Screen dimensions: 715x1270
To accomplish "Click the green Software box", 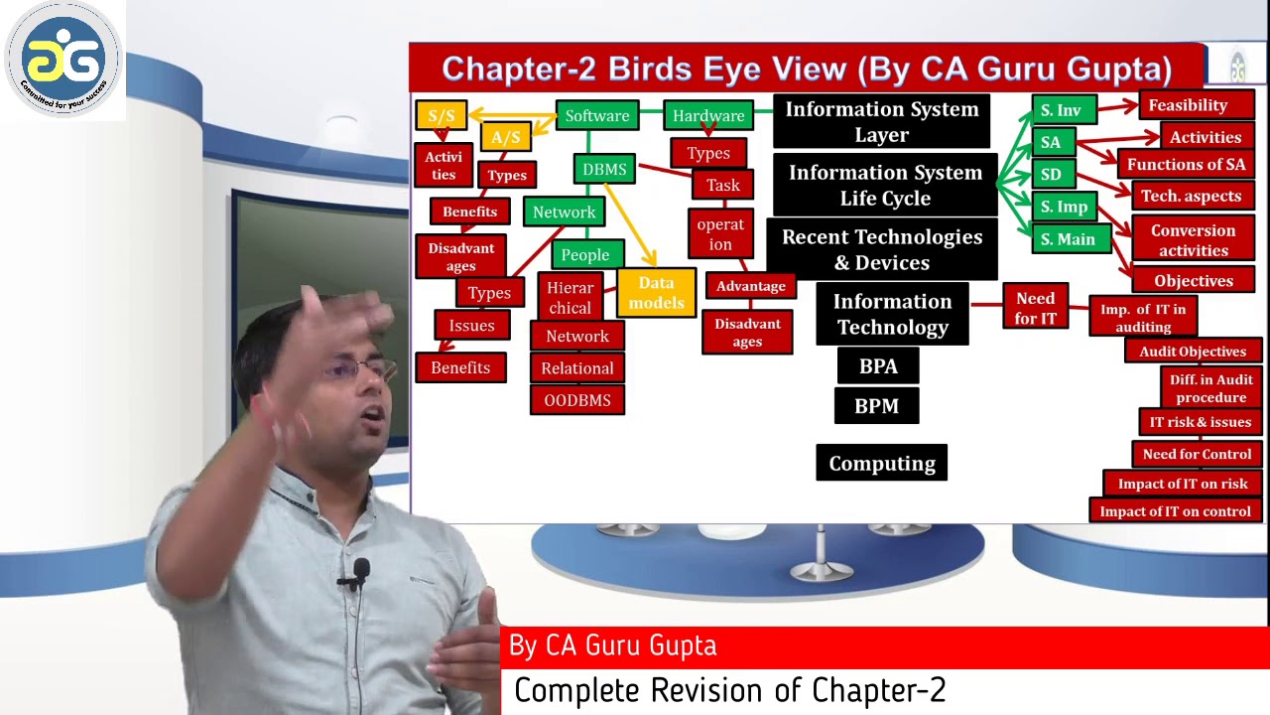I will (x=596, y=116).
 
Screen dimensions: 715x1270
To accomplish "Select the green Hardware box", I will (x=707, y=116).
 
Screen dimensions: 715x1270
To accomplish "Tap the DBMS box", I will (x=604, y=170).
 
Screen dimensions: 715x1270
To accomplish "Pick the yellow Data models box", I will (x=656, y=293).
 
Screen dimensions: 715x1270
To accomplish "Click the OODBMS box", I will (x=577, y=400).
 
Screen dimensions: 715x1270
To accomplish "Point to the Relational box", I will (x=577, y=368).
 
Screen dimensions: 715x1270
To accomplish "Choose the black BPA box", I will (x=877, y=366).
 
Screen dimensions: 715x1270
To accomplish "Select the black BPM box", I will (x=876, y=406).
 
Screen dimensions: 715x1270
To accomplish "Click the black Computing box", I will (x=881, y=464).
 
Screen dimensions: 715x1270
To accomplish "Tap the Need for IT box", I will (x=1035, y=308).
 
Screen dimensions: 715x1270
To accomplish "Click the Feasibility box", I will (x=1188, y=105).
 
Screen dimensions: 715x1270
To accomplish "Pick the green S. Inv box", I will (x=1061, y=110).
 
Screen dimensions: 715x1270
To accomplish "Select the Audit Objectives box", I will (x=1193, y=352).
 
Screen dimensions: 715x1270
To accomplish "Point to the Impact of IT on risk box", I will (x=1183, y=484).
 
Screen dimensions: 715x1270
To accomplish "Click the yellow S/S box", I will (x=442, y=115).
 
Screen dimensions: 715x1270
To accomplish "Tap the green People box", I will (x=584, y=255).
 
